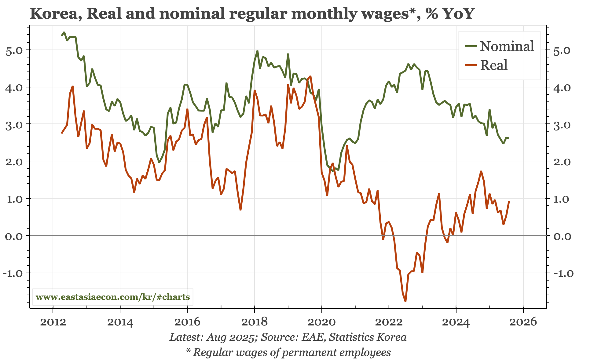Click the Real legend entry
(493, 65)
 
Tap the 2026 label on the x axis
(523, 322)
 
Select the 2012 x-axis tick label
(53, 322)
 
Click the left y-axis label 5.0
(14, 50)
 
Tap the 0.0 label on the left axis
(14, 236)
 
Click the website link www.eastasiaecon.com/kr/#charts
(113, 297)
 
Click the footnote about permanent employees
(288, 352)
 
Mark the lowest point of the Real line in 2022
(405, 301)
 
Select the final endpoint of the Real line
(509, 201)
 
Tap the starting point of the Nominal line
(62, 36)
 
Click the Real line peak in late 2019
(310, 76)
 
